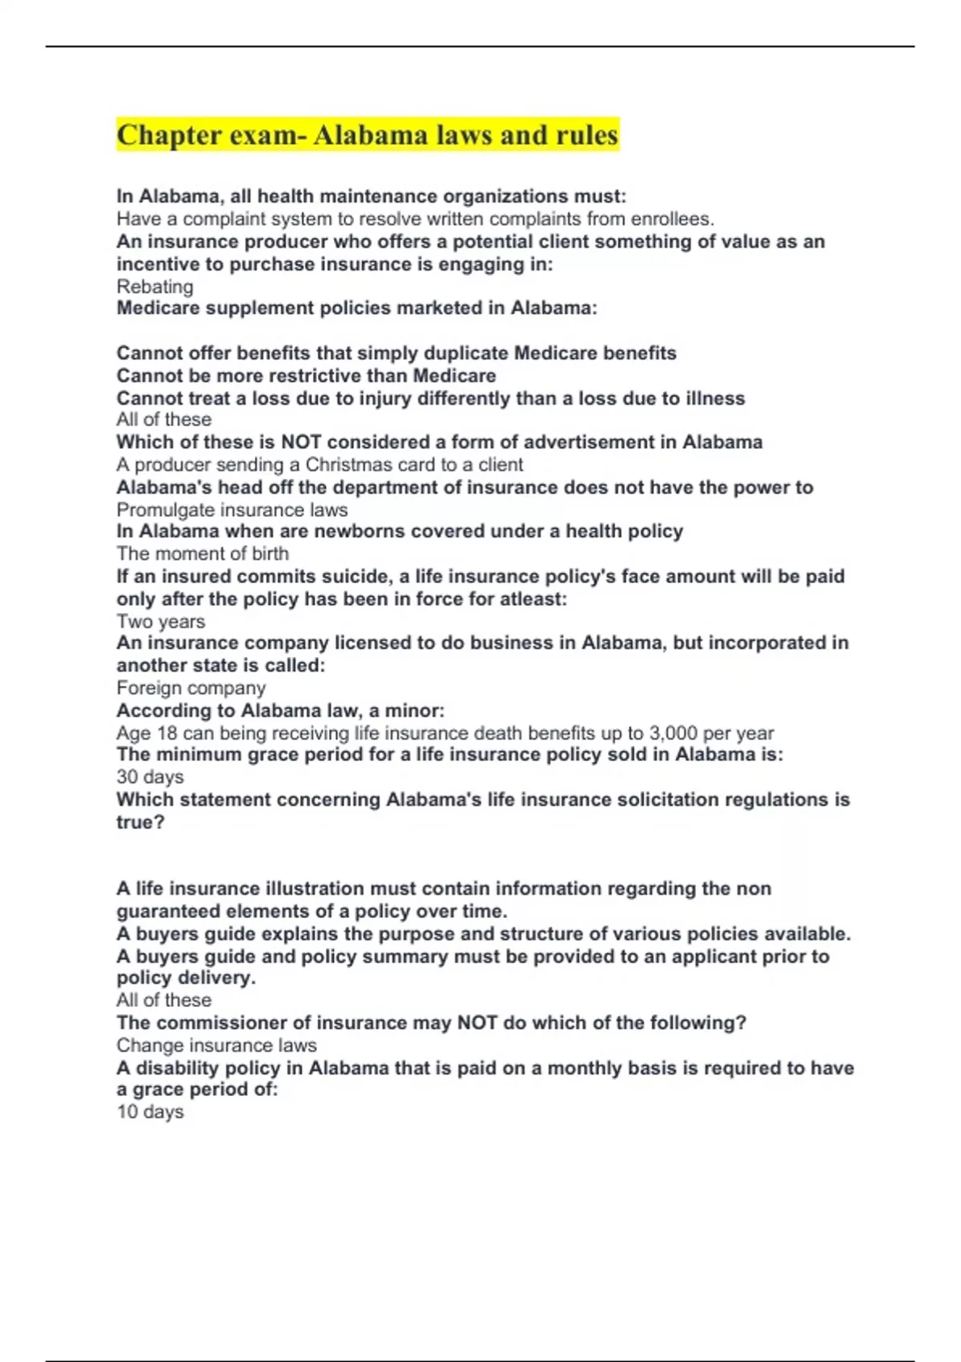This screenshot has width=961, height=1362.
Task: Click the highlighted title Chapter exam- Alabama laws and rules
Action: (x=368, y=135)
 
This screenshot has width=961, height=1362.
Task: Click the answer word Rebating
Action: (x=155, y=287)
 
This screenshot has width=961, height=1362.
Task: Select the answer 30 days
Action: (x=150, y=777)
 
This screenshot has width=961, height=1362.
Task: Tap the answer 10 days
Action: (x=150, y=1112)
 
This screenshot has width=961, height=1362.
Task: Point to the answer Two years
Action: (x=160, y=622)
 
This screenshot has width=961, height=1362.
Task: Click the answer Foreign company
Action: (x=191, y=688)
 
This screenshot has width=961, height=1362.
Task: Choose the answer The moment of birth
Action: (x=203, y=554)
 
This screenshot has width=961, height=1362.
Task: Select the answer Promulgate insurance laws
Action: (x=232, y=510)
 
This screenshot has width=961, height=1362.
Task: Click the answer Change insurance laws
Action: (x=216, y=1046)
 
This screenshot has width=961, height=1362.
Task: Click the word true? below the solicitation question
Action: (x=140, y=822)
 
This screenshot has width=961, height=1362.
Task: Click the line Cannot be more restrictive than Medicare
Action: (x=306, y=376)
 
